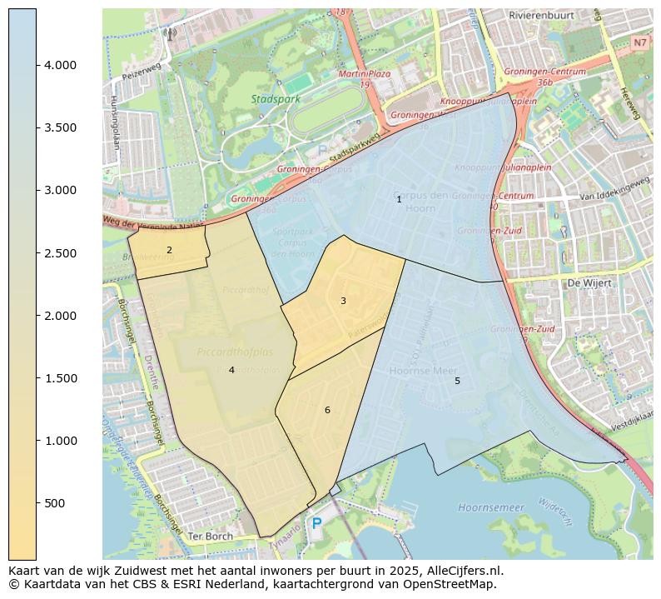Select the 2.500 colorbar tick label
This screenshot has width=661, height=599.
click(60, 253)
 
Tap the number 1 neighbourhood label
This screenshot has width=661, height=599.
click(399, 199)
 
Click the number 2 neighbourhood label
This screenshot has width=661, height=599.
click(169, 250)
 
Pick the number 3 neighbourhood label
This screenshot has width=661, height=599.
click(343, 301)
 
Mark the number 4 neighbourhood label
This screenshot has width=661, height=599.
click(231, 370)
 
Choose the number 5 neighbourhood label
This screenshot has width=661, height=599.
click(457, 381)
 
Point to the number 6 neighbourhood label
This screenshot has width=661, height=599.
click(327, 410)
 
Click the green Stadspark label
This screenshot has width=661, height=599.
click(273, 99)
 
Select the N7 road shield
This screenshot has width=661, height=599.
click(639, 42)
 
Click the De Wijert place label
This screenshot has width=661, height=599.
click(589, 283)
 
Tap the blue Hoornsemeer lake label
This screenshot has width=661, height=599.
click(491, 507)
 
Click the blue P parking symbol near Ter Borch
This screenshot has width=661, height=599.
click(316, 524)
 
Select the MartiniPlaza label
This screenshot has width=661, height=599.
click(365, 74)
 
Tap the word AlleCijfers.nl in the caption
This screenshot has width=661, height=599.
click(465, 572)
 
